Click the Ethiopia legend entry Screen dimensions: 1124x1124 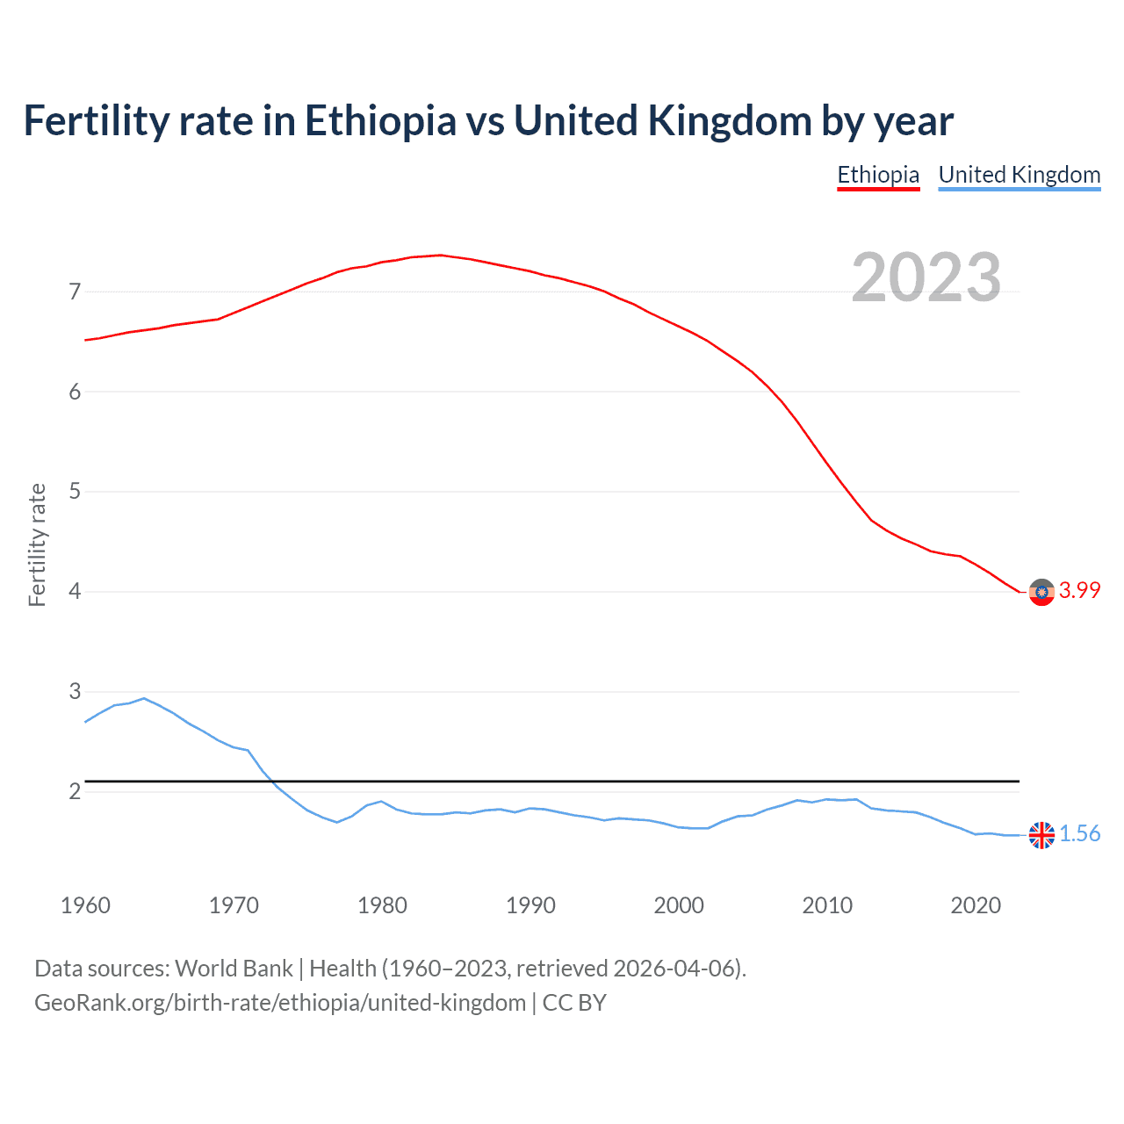(x=877, y=175)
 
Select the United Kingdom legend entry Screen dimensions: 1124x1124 (x=1019, y=175)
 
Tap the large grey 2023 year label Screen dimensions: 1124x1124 (x=926, y=277)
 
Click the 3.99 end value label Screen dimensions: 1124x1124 (x=1079, y=591)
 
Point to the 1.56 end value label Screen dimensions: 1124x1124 (x=1079, y=834)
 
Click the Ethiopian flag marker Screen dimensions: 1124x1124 (x=1041, y=593)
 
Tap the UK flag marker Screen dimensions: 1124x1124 (x=1041, y=835)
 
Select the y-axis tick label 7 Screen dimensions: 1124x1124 (x=75, y=292)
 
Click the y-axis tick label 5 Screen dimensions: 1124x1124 (x=75, y=492)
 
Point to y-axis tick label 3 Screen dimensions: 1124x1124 (x=75, y=692)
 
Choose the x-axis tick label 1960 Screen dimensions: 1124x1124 (x=85, y=905)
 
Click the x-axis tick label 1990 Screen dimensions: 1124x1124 (x=530, y=905)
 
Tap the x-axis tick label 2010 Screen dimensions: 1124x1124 (x=827, y=905)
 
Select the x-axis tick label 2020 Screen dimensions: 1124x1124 (x=976, y=905)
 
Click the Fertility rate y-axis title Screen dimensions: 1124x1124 (x=37, y=544)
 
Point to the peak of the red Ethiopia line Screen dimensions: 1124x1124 (x=441, y=255)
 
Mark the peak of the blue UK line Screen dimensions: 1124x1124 (x=144, y=698)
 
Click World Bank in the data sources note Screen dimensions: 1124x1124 (x=234, y=969)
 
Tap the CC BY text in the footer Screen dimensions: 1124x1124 (x=574, y=1003)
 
